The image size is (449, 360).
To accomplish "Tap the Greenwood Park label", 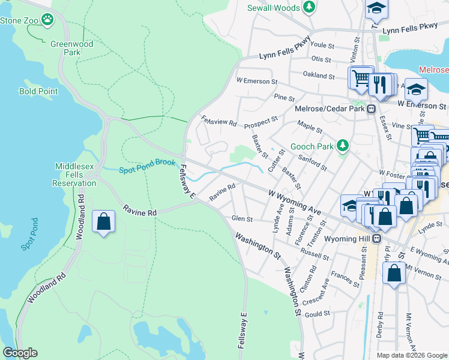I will point(71,48).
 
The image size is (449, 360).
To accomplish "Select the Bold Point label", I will point(38,91).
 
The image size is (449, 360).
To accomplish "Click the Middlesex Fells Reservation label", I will point(76,175).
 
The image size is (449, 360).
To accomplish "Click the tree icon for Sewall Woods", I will point(309,7).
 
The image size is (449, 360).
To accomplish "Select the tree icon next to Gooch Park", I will point(342,146).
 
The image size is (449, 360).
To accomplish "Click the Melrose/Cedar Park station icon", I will point(372,109).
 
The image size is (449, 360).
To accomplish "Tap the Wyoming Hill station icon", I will point(376,238).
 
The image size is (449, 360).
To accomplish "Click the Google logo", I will point(20,353).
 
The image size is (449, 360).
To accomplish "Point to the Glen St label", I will point(242,219).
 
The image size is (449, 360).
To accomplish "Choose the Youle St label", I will point(322,45).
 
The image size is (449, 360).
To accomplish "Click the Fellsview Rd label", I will point(218,121).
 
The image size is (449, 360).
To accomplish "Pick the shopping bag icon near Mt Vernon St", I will point(394,274).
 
